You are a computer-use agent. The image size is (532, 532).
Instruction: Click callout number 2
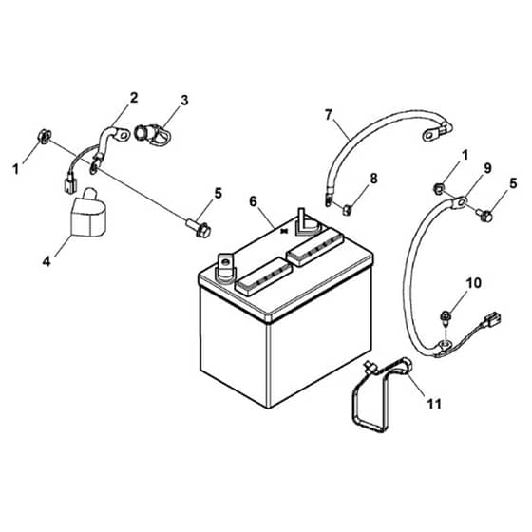click(x=134, y=98)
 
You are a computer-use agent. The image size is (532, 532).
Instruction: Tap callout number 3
click(x=184, y=101)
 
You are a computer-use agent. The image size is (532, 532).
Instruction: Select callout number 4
click(x=47, y=261)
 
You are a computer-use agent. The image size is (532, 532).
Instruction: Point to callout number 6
click(x=253, y=201)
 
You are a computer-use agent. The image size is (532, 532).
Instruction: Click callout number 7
click(x=328, y=115)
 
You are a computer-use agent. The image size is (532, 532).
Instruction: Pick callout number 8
click(x=373, y=179)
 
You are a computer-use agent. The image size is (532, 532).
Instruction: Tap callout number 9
click(x=487, y=168)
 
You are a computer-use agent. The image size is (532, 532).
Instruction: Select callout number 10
click(x=474, y=283)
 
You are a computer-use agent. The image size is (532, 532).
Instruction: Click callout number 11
click(x=434, y=404)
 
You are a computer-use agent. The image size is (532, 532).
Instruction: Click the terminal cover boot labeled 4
click(x=88, y=213)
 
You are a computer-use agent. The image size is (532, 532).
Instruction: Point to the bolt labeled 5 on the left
click(x=199, y=228)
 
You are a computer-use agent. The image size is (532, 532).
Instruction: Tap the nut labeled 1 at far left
click(x=45, y=136)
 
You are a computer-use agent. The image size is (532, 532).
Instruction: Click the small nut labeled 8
click(x=347, y=210)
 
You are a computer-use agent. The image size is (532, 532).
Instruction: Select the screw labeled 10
click(x=446, y=317)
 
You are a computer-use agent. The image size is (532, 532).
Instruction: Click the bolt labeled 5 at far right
click(x=484, y=215)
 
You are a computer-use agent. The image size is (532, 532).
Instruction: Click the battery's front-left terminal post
click(x=225, y=267)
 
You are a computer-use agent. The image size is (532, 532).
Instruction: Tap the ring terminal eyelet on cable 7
click(x=430, y=136)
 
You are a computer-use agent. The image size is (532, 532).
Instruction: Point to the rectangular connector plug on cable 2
click(x=69, y=185)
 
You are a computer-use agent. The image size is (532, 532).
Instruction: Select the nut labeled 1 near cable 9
click(x=438, y=188)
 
